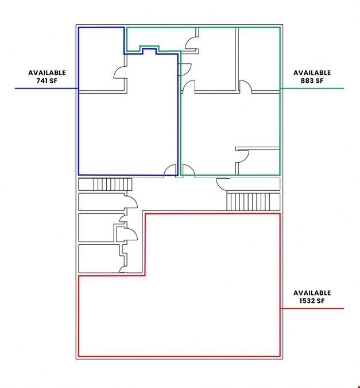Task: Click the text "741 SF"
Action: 47,80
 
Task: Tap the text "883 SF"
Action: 312,80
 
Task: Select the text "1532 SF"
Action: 312,301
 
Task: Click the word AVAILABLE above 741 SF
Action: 47,73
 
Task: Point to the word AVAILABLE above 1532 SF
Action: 312,293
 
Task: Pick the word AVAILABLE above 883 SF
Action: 312,73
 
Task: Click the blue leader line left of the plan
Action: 47,89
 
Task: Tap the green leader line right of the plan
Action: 312,89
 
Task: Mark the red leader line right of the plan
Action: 312,309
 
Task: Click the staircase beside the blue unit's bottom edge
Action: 113,185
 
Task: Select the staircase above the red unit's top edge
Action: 253,202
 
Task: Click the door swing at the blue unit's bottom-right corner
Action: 170,171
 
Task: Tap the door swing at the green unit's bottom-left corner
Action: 189,171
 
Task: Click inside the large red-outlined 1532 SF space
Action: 212,297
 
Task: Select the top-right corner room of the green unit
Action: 259,59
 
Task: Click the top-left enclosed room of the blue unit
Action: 101,59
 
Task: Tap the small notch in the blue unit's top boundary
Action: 149,51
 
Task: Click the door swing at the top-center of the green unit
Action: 191,43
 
